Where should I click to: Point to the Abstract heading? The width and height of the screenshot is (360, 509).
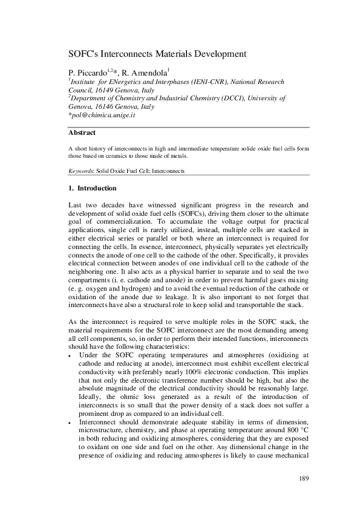point(82,132)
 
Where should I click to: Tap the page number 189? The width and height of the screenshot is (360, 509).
point(304,479)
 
